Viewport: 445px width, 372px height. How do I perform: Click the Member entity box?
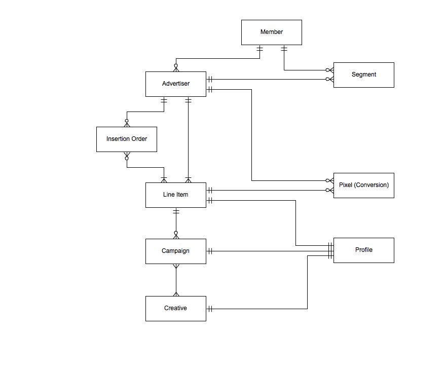coord(271,32)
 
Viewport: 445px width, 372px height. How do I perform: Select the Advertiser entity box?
coord(175,84)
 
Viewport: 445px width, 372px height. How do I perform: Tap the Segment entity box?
coord(363,75)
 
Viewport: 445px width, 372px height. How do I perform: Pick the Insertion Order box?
coord(126,139)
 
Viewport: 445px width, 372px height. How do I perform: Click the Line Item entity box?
coord(175,195)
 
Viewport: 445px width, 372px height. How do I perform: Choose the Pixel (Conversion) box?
coord(363,185)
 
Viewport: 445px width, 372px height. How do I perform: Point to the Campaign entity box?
coord(175,251)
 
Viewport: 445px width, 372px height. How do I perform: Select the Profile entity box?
coord(363,250)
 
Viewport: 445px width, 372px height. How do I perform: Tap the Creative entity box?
coord(175,309)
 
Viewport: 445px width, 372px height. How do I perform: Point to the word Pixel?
coord(346,185)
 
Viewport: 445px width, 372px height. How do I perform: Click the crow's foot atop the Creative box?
coord(176,293)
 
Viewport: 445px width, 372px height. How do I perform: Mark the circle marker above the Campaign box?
coord(176,234)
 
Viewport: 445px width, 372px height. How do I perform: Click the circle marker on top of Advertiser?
coord(176,66)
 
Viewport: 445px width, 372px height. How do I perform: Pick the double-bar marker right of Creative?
coord(209,309)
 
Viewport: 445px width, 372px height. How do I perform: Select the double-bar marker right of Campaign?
coord(209,251)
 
